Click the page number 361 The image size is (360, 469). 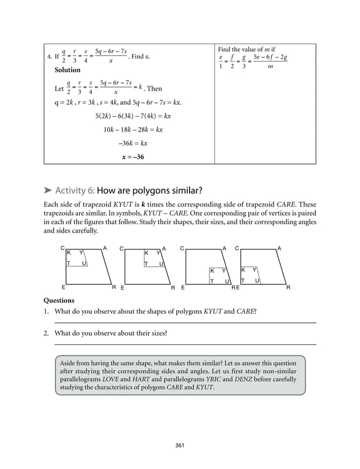[180, 445]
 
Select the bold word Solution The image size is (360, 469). [67, 71]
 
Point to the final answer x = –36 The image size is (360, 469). [133, 156]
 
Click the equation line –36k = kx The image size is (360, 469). [133, 143]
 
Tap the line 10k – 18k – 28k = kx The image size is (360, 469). [133, 129]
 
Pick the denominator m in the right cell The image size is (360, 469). [270, 67]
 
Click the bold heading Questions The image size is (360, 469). [59, 301]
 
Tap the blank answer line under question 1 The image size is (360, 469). [185, 323]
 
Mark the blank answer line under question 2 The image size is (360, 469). [185, 344]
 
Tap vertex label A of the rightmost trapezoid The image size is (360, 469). [279, 248]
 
